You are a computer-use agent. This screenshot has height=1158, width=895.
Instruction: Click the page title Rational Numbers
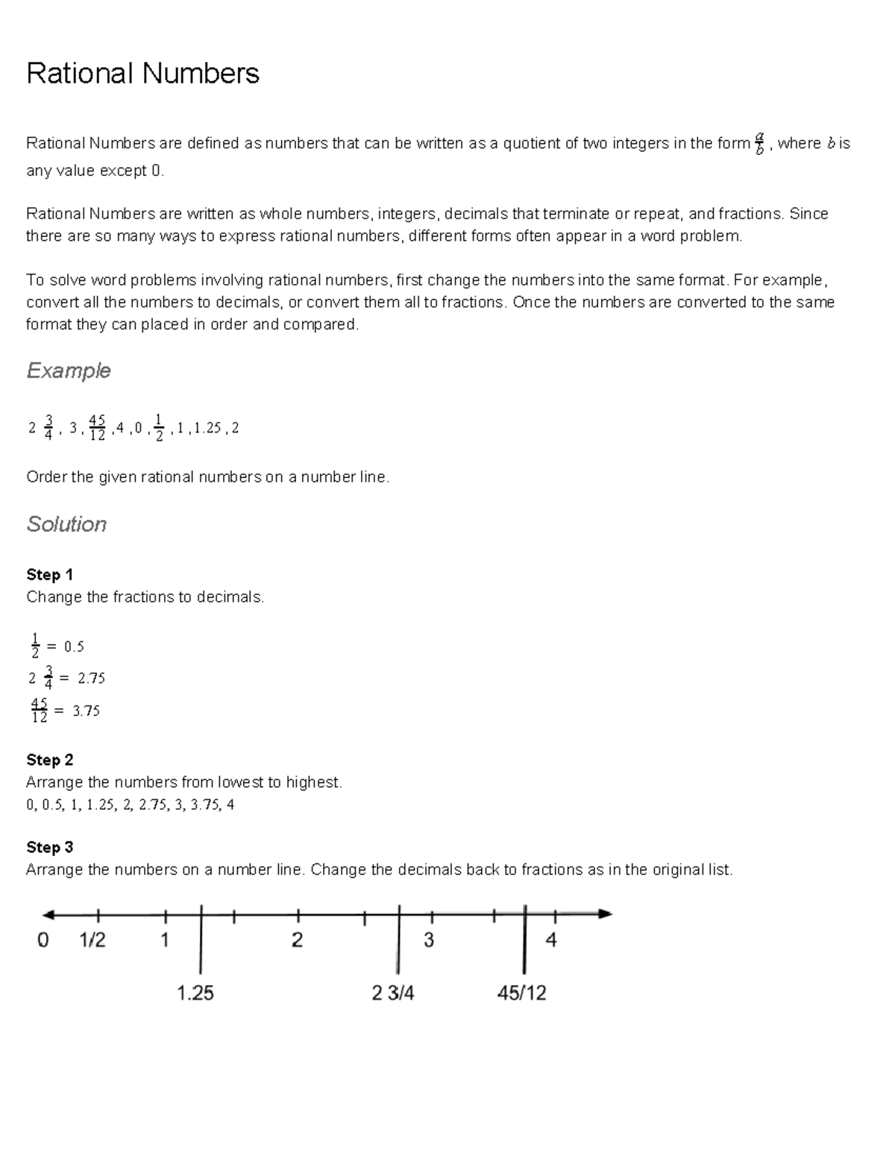(142, 74)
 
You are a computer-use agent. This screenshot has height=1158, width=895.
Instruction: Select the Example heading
(68, 371)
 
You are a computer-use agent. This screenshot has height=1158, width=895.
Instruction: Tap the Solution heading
(66, 524)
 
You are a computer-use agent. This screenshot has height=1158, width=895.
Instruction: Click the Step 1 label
(49, 574)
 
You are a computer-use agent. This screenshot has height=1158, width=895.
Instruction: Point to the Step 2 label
(49, 760)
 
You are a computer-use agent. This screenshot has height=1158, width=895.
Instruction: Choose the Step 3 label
(49, 847)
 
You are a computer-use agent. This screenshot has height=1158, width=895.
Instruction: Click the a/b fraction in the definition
(759, 144)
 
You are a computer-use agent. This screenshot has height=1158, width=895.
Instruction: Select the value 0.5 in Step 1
(74, 646)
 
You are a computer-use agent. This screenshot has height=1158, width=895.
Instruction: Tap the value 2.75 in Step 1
(91, 679)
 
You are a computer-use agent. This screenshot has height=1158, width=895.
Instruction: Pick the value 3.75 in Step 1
(86, 711)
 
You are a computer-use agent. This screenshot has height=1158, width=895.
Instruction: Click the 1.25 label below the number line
(195, 993)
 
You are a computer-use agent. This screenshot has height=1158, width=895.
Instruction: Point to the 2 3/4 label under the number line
(393, 993)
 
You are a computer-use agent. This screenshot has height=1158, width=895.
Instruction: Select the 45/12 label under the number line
(521, 993)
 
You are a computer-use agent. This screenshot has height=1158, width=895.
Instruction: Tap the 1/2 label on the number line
(92, 940)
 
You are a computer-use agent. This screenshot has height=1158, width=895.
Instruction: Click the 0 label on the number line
(43, 940)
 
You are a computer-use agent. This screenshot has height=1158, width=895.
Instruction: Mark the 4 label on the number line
(551, 940)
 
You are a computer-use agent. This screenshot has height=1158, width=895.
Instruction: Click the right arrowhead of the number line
(606, 914)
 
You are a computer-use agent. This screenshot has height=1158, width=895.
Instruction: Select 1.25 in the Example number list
(207, 428)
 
